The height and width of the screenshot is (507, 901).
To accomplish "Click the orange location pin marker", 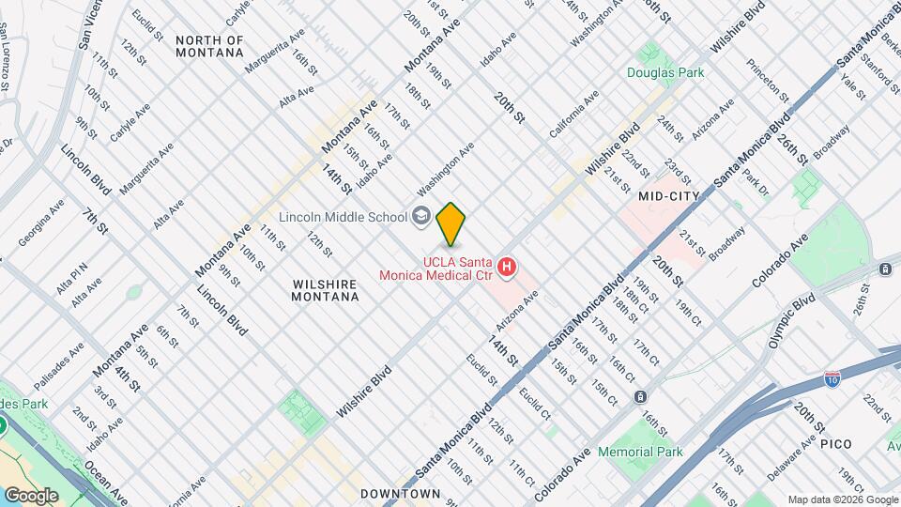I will (x=451, y=223).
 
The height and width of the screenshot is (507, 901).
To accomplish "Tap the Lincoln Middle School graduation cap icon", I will (x=421, y=216).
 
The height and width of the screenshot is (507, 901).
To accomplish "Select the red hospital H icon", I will (x=507, y=269).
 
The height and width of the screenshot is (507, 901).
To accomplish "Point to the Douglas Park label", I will (x=666, y=72).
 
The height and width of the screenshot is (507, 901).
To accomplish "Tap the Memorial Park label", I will (x=640, y=452).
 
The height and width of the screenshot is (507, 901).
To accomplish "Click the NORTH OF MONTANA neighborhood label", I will (x=209, y=47).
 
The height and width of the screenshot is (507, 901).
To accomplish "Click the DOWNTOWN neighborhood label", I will (x=401, y=494).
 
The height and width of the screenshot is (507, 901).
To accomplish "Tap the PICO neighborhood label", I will (x=835, y=442).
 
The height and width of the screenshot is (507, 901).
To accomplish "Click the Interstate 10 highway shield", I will (x=832, y=379).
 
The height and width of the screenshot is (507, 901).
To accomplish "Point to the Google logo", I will (x=31, y=495).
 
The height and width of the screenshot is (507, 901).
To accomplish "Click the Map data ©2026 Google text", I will (x=842, y=499).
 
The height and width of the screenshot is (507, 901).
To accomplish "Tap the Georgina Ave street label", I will (x=41, y=222).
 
